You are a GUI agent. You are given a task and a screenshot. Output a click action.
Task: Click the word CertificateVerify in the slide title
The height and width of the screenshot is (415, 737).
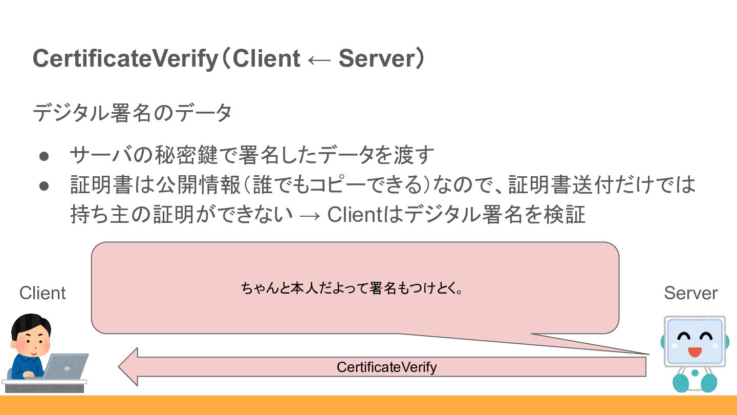click(125, 59)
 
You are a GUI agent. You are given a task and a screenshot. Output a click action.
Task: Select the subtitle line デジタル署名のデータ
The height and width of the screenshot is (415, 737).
click(132, 113)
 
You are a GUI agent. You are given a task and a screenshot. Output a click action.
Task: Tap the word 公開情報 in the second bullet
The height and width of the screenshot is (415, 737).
click(198, 185)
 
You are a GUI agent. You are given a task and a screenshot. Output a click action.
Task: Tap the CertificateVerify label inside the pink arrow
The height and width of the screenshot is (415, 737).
click(386, 367)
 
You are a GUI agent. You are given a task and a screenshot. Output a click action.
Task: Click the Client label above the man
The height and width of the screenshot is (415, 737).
click(42, 293)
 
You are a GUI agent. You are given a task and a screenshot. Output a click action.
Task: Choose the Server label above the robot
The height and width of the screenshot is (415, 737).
click(690, 293)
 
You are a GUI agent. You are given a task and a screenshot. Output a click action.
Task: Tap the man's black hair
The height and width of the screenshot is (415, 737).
click(31, 323)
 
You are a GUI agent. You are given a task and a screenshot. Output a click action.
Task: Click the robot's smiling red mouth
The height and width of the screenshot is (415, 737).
click(694, 352)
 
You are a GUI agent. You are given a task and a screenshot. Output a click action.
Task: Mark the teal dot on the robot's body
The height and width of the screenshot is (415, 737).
click(694, 373)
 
